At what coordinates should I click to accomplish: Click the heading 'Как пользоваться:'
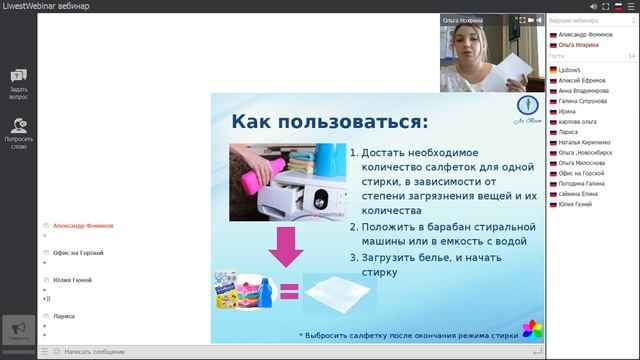point(329,122)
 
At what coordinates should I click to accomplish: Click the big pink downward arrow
point(287,247)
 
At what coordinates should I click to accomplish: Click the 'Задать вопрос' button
point(19,84)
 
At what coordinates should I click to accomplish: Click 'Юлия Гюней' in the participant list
point(576,204)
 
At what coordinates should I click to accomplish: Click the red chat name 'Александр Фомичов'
point(83,226)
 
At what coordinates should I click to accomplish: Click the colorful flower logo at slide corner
point(533,329)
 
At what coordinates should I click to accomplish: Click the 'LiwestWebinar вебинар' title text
point(46,6)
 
